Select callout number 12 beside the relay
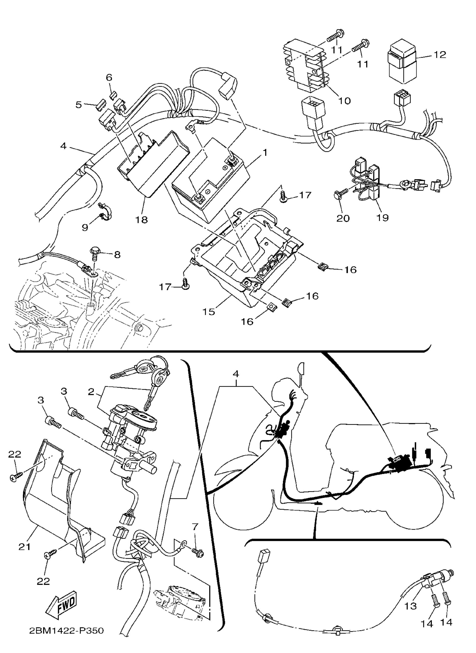[439, 55]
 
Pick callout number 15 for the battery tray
[209, 312]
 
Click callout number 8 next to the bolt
[117, 255]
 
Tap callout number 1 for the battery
[265, 152]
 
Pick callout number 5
[79, 105]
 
